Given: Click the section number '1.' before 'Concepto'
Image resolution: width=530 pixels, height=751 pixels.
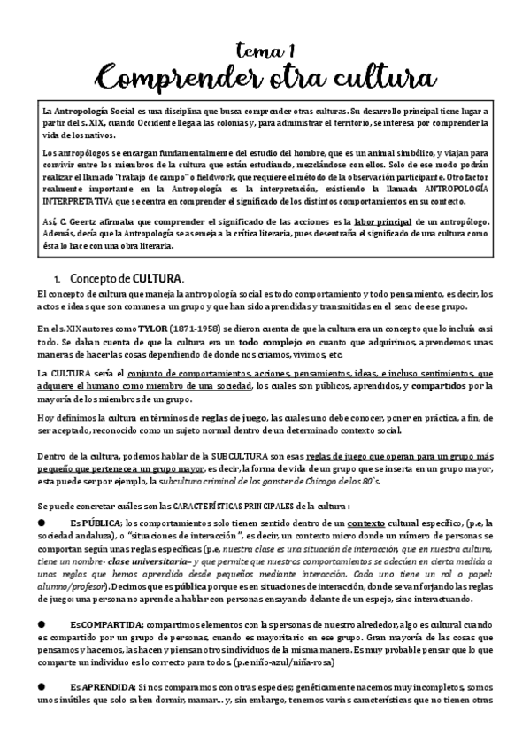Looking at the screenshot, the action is tap(59, 280).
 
